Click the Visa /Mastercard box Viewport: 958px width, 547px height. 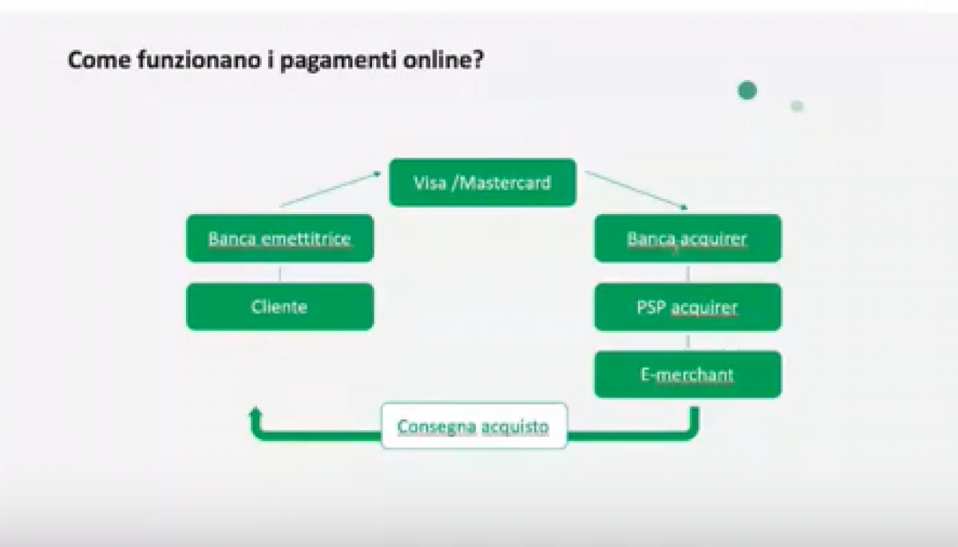[482, 183]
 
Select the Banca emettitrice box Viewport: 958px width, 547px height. [279, 238]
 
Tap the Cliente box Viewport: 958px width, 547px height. [279, 307]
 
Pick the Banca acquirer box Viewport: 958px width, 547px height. [687, 238]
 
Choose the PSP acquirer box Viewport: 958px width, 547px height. [687, 307]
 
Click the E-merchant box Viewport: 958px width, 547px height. [687, 375]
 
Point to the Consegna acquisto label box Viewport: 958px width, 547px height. [474, 426]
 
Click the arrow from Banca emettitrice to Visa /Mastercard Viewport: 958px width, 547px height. [331, 189]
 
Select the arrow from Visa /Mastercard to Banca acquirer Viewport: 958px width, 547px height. [636, 190]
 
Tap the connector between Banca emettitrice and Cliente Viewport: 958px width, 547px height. [279, 273]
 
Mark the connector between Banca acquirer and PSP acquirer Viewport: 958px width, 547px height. [687, 273]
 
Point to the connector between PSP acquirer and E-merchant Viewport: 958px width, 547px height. [687, 341]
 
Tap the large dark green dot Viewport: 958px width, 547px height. [747, 91]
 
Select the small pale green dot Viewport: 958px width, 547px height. [797, 106]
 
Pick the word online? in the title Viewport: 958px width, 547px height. [444, 59]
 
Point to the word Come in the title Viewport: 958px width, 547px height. [99, 59]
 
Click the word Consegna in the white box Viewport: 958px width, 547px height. [437, 427]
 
